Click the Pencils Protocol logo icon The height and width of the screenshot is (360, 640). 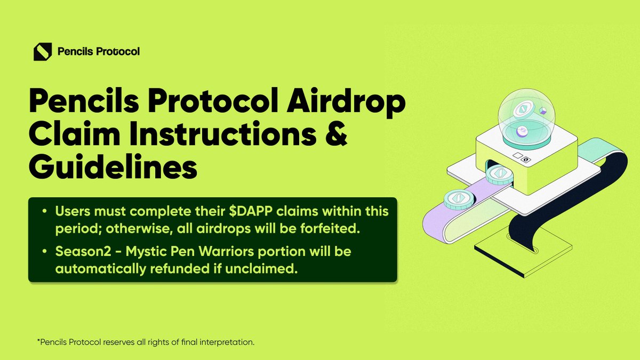(x=43, y=52)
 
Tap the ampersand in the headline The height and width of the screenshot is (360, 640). (x=333, y=133)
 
